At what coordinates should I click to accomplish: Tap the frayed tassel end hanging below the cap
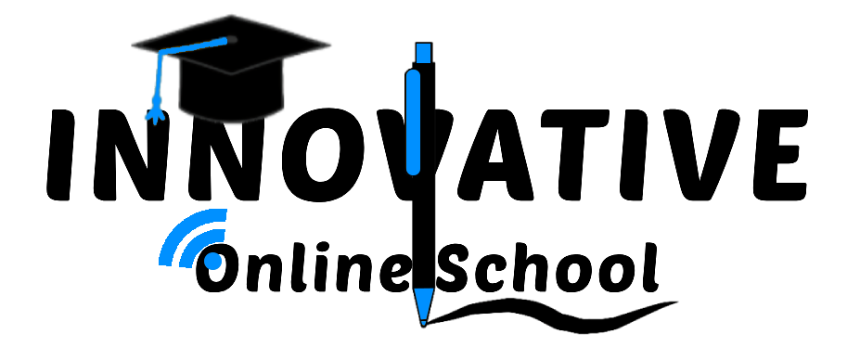(156, 116)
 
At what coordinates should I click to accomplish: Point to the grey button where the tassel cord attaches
(230, 40)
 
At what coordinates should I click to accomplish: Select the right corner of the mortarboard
(330, 44)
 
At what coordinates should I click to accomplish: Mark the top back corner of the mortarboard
(231, 15)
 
